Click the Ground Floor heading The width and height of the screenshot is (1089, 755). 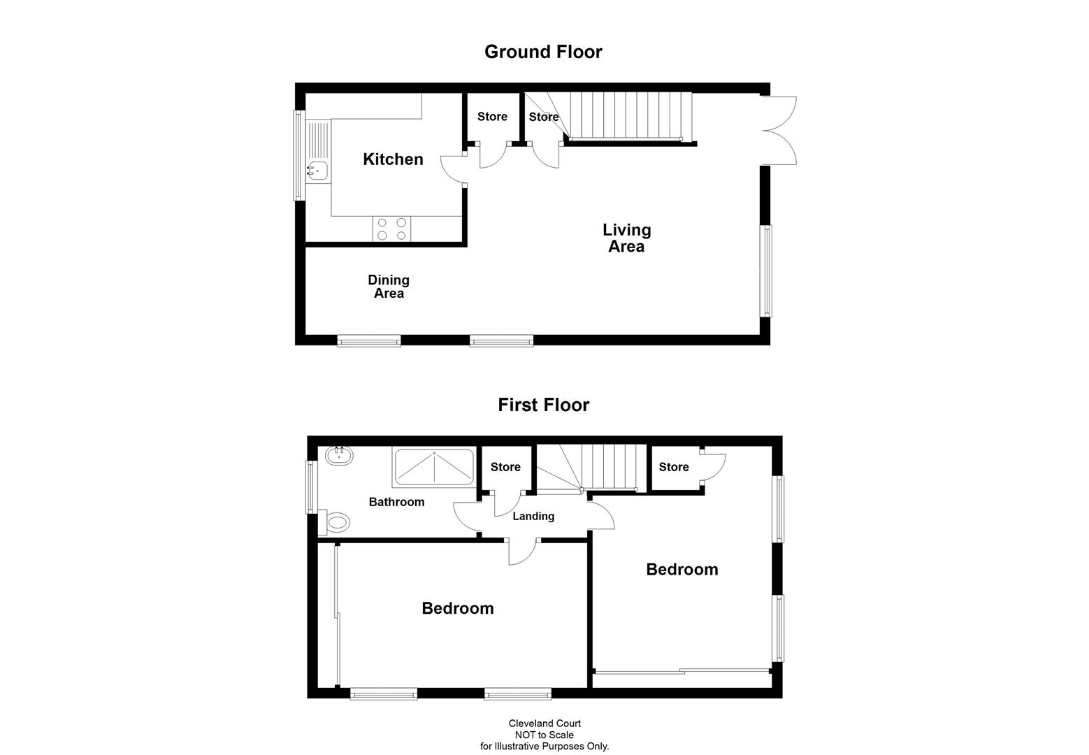[x=543, y=52]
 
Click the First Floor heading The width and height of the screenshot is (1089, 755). [x=543, y=405]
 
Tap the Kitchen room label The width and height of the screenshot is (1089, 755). [x=393, y=159]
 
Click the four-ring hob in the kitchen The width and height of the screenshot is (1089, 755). [x=391, y=229]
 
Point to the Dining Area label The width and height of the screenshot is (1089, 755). [x=389, y=287]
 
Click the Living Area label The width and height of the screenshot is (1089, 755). [x=626, y=238]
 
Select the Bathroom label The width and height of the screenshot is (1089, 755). [x=396, y=502]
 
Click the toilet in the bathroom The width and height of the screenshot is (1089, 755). [x=338, y=522]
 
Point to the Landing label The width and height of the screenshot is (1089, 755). [x=533, y=517]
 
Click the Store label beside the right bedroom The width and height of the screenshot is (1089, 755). [x=673, y=467]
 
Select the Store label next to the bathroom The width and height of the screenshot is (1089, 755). [x=505, y=467]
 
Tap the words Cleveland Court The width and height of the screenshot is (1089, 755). [x=544, y=724]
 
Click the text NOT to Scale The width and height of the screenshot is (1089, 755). [x=544, y=735]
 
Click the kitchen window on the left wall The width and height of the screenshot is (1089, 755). [x=299, y=155]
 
